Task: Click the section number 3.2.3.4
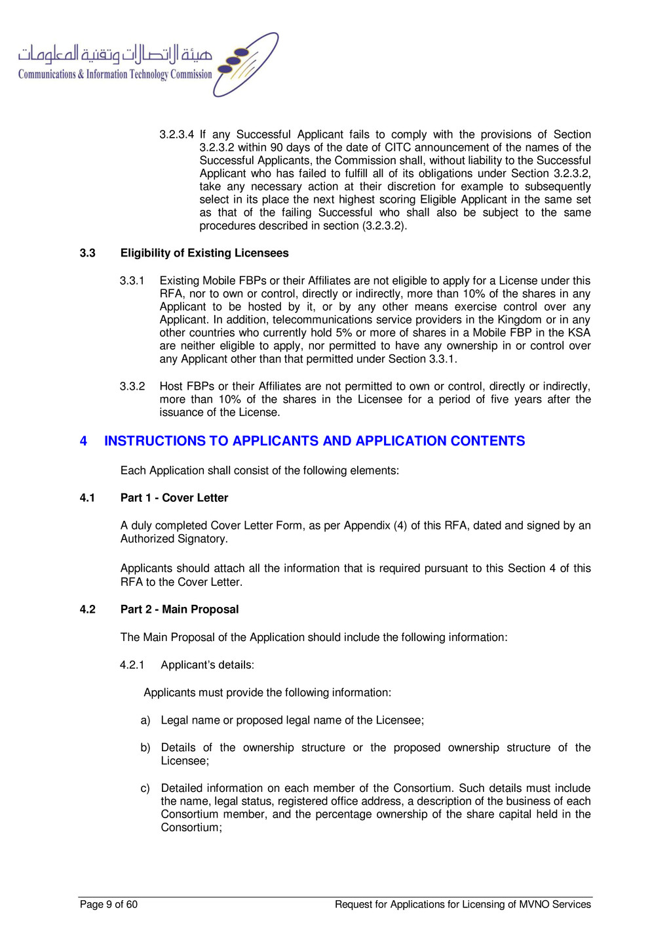(x=176, y=134)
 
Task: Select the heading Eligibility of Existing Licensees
(x=204, y=253)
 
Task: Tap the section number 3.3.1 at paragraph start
(x=132, y=281)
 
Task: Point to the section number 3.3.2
(x=132, y=386)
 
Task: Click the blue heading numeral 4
(x=83, y=441)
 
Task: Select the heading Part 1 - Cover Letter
(x=174, y=498)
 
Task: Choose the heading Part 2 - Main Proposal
(x=180, y=609)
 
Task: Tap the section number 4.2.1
(x=132, y=665)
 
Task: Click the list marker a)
(x=145, y=720)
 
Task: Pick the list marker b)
(x=145, y=748)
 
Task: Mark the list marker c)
(x=145, y=789)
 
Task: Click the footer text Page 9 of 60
(x=109, y=905)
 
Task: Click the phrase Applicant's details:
(x=208, y=665)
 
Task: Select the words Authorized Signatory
(x=174, y=539)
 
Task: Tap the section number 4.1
(x=87, y=498)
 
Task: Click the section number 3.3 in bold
(x=87, y=253)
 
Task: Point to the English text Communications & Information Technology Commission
(x=115, y=75)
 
